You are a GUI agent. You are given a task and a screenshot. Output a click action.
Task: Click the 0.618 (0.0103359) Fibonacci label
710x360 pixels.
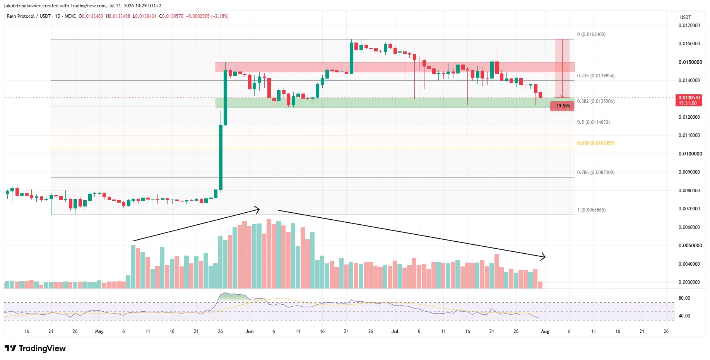[595, 143]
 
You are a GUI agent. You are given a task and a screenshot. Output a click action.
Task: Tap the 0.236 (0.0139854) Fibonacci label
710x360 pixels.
[595, 76]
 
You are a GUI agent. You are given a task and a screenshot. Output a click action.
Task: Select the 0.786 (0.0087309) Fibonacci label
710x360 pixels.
[595, 172]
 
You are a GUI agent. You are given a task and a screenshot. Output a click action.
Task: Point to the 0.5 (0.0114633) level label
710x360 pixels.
[593, 122]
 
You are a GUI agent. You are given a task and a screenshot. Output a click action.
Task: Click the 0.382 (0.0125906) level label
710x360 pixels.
[595, 101]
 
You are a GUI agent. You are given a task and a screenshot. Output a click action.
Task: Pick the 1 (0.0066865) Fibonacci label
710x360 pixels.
[591, 210]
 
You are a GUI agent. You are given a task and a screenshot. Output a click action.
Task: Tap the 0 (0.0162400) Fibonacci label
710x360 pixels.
[591, 34]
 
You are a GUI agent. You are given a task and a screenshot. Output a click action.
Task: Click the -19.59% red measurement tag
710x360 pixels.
[562, 106]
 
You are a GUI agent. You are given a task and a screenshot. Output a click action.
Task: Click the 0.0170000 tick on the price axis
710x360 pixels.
[689, 26]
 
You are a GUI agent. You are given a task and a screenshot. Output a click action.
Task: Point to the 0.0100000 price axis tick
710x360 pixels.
[690, 154]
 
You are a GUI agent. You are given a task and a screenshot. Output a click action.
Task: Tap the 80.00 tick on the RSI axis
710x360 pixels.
[684, 298]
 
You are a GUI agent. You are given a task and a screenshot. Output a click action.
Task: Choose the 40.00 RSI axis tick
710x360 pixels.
[684, 316]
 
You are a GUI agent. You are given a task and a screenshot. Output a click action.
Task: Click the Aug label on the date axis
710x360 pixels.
[545, 331]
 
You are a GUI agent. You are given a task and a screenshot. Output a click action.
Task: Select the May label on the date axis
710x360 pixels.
[99, 331]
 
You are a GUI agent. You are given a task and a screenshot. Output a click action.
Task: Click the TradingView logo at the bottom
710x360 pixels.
[35, 348]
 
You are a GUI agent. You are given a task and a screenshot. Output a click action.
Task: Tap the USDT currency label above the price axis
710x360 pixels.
[685, 17]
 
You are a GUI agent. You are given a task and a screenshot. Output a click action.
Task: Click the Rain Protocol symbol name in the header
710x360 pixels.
[21, 16]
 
